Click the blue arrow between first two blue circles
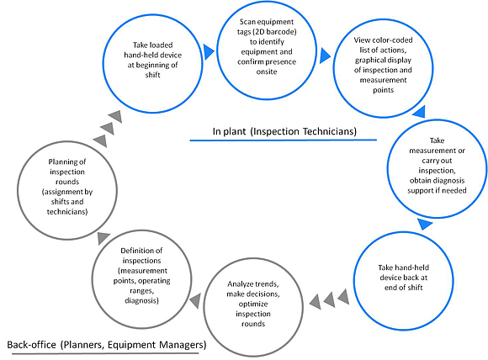(209, 52)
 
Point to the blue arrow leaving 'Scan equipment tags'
(325, 56)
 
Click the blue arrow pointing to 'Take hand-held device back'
(425, 224)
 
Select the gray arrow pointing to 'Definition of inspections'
(195, 301)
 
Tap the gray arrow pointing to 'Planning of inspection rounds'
(103, 238)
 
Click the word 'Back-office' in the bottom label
(31, 345)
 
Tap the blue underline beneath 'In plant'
(284, 140)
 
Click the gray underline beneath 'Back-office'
(103, 353)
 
